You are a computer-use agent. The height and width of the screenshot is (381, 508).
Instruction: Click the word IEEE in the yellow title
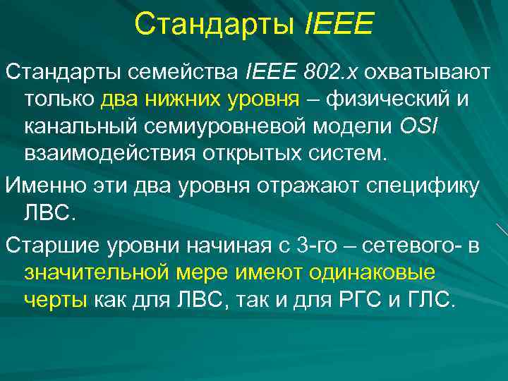coord(337,25)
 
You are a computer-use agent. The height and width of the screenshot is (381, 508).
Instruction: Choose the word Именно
coord(41,185)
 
